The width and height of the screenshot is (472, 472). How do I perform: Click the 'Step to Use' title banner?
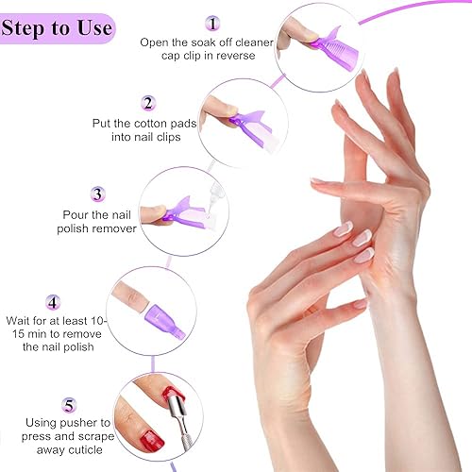(x=59, y=27)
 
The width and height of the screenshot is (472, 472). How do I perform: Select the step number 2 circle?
(x=148, y=103)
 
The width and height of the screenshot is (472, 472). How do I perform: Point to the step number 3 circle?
(x=96, y=194)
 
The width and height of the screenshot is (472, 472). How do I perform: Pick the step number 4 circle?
(x=53, y=303)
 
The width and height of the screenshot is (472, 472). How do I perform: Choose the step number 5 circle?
(x=68, y=406)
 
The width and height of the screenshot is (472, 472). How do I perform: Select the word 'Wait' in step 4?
(x=21, y=320)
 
